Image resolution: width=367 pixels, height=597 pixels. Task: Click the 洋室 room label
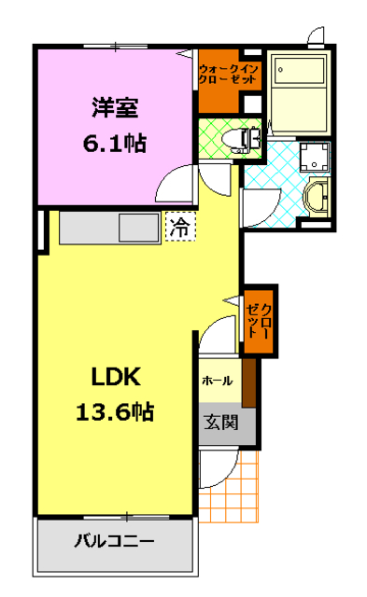click(115, 108)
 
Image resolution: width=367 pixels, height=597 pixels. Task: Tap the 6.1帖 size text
click(115, 145)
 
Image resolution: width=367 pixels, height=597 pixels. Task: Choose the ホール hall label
click(217, 381)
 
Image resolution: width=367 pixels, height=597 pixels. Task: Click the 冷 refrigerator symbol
click(180, 227)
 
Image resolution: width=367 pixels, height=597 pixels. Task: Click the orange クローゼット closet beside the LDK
click(257, 320)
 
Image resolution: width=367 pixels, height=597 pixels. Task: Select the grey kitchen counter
click(109, 229)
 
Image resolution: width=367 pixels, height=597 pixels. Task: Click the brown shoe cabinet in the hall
click(248, 382)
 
